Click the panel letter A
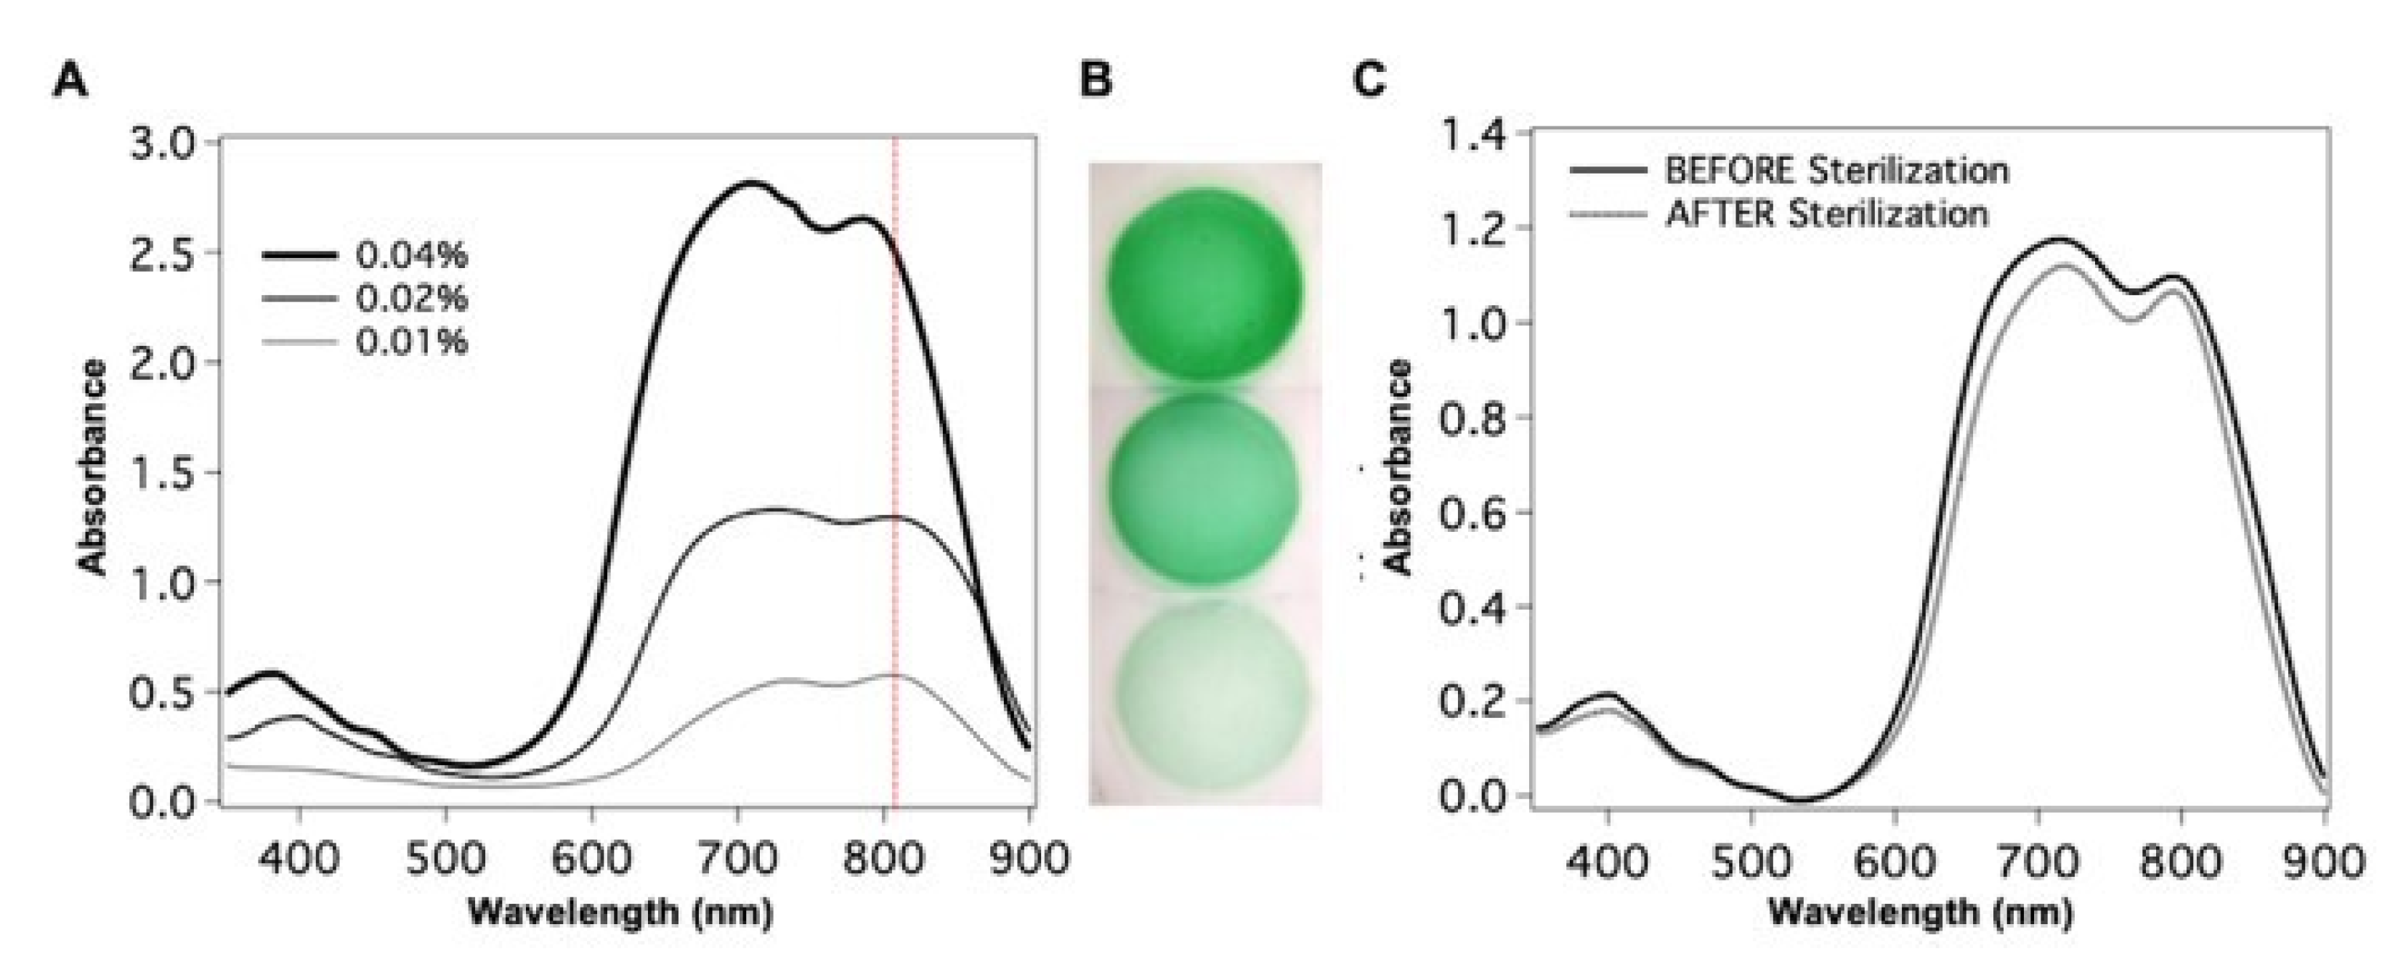(71, 81)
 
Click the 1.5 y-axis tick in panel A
(163, 474)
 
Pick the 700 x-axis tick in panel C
(2039, 862)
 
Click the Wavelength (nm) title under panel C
(1920, 913)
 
